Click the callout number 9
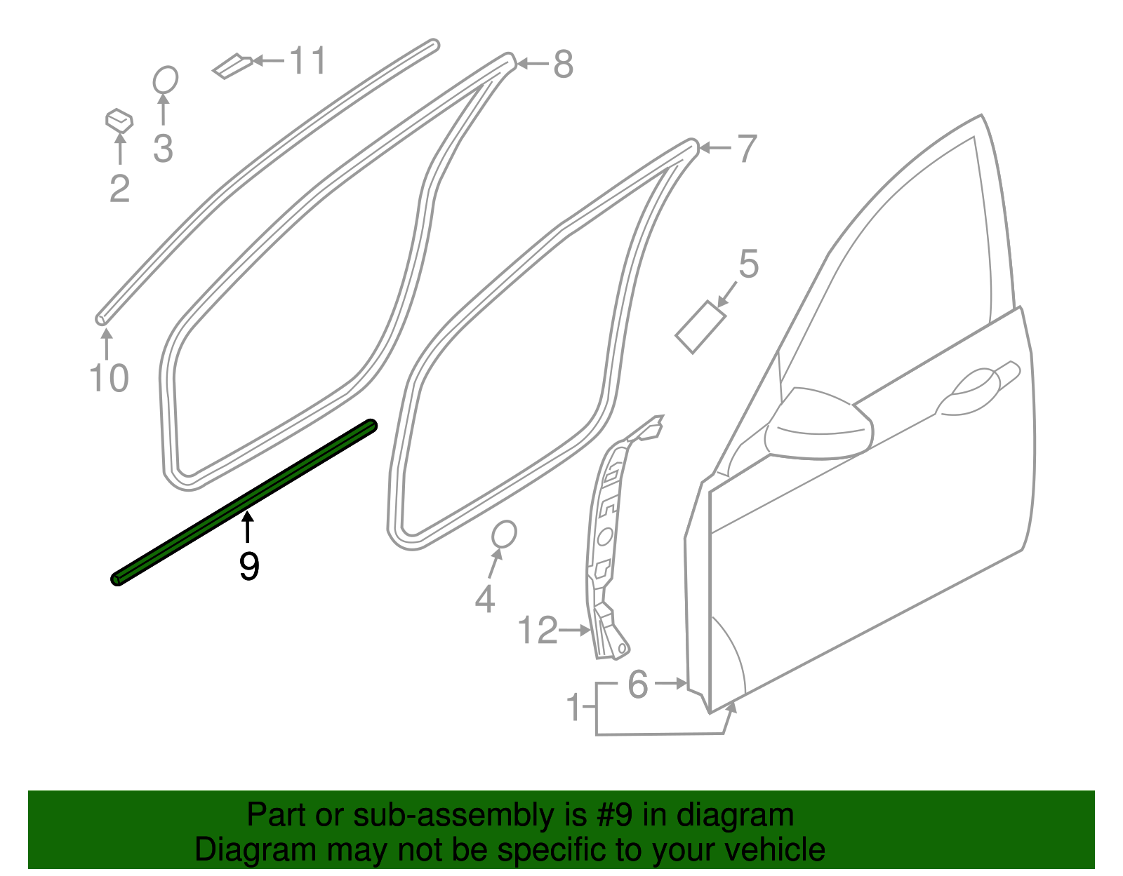point(249,567)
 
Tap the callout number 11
point(308,61)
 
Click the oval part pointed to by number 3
point(166,80)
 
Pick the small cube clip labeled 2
point(119,121)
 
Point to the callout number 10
point(109,379)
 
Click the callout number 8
point(564,65)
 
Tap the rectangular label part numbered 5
point(700,327)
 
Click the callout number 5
point(749,264)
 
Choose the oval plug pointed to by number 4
point(504,534)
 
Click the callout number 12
point(538,631)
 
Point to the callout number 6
point(638,685)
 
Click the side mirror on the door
point(818,424)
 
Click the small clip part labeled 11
point(232,66)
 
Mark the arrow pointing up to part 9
point(247,527)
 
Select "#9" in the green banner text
point(614,816)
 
